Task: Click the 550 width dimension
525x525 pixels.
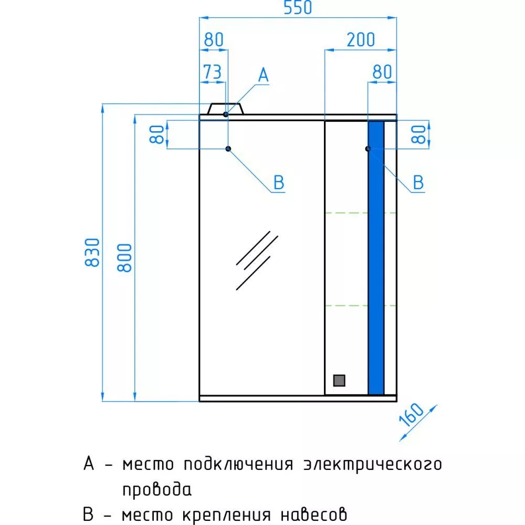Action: pos(298,8)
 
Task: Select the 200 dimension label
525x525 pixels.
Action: pos(361,40)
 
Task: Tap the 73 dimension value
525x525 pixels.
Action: pos(213,72)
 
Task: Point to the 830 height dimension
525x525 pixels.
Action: pos(92,253)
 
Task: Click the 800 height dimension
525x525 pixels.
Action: pos(125,257)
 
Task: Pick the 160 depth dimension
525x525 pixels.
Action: pos(412,415)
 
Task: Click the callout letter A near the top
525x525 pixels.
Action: pos(264,75)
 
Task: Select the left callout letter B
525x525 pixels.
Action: pos(279,183)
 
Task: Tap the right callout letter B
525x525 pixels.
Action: pos(418,183)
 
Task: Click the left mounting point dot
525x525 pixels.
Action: pos(228,149)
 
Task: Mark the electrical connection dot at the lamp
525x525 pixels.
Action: pos(226,114)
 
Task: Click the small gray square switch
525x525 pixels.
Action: pos(339,380)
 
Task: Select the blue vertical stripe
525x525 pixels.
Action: pos(376,258)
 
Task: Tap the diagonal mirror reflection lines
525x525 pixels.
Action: pos(257,260)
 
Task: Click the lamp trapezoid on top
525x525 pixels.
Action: pos(225,109)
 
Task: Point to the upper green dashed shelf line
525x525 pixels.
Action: pos(361,213)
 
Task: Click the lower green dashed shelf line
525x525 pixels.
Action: pos(361,306)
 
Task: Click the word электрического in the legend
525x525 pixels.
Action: pos(373,465)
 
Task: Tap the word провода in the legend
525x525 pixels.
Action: pos(156,490)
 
